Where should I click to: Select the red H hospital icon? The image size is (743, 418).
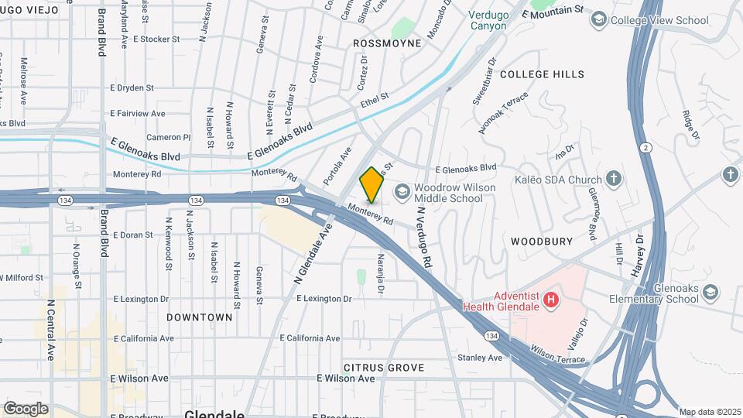(550, 299)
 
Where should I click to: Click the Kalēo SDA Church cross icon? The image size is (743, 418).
(613, 180)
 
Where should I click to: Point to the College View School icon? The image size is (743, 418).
(597, 19)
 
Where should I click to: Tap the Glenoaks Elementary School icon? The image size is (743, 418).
(710, 292)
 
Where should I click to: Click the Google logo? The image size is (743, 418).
(26, 408)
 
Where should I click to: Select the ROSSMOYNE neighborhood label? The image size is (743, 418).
(387, 43)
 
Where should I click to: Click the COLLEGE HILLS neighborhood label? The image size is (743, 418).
(542, 74)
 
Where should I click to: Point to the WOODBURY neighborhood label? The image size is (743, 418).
(542, 242)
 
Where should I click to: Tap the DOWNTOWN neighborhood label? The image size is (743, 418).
(199, 317)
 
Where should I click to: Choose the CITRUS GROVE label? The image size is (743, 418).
(384, 367)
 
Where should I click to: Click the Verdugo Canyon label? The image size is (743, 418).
(488, 20)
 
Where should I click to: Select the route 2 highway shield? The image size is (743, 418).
(645, 147)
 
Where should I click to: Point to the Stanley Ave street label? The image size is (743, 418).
(480, 358)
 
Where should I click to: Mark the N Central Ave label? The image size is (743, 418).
(50, 331)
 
